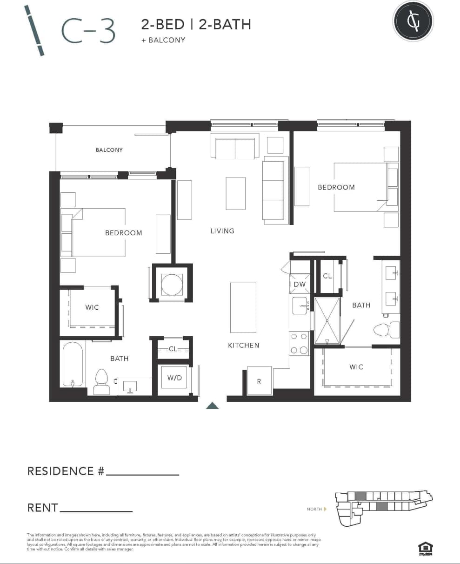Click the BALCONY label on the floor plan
tap(109, 150)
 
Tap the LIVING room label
tap(222, 231)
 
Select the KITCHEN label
tap(243, 345)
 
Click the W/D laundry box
tap(174, 378)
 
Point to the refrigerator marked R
tap(259, 381)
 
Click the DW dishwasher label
tap(300, 284)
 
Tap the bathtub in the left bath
tap(73, 364)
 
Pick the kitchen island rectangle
tap(243, 307)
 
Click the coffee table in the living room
tap(235, 193)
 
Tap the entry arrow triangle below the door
tap(213, 406)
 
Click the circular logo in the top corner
tap(413, 21)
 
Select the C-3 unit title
tap(88, 31)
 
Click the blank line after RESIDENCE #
tap(142, 474)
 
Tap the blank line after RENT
tap(96, 510)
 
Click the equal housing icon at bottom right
tap(425, 549)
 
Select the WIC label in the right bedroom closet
tap(356, 367)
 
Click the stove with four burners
tap(299, 343)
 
